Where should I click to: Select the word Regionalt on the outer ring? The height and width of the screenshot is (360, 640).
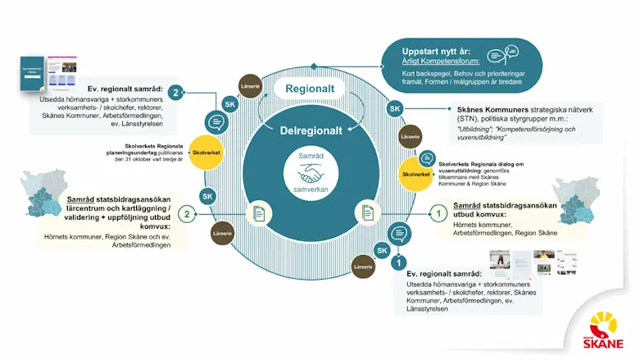[x=311, y=88]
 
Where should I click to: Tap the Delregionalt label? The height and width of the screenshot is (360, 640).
[x=314, y=130]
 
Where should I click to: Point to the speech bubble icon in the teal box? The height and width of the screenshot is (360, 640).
[x=498, y=56]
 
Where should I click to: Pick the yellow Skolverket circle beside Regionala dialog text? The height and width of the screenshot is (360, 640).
[x=416, y=173]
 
